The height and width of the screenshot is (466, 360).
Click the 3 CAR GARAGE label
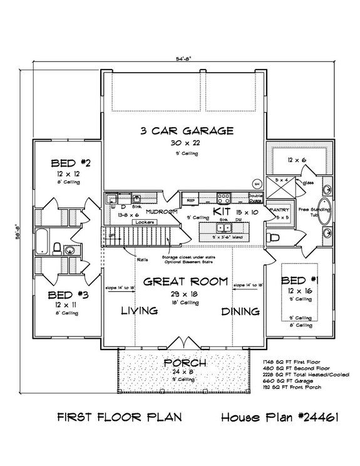click(187, 131)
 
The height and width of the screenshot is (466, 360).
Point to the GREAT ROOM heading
click(185, 282)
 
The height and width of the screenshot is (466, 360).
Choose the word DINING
click(240, 311)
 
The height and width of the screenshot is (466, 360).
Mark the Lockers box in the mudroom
click(145, 222)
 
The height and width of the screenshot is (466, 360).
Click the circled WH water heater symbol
click(257, 183)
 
